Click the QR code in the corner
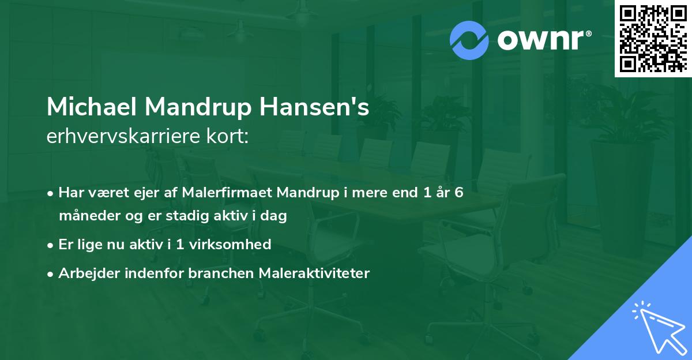pyautogui.click(x=652, y=37)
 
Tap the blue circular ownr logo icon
pyautogui.click(x=469, y=40)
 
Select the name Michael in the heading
pyautogui.click(x=91, y=108)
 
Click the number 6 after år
pyautogui.click(x=458, y=193)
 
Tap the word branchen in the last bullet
pyautogui.click(x=223, y=273)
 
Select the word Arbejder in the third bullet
pyautogui.click(x=85, y=273)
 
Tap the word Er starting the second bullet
pyautogui.click(x=66, y=245)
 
